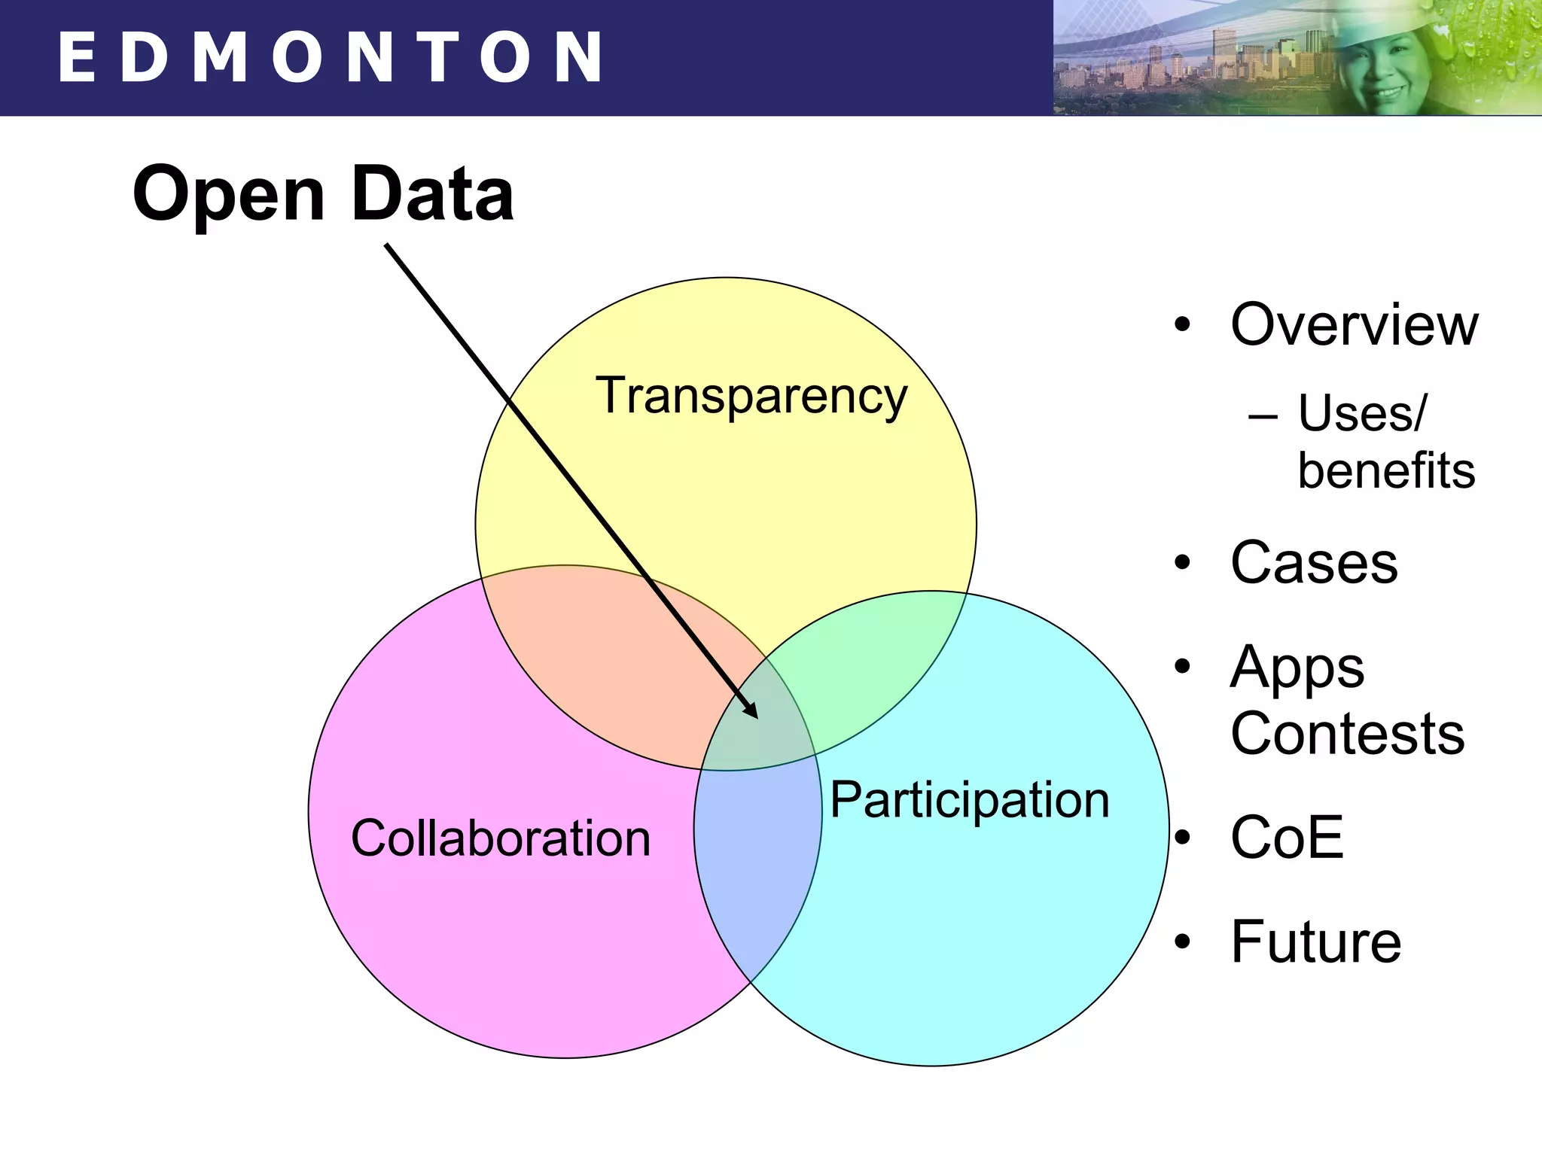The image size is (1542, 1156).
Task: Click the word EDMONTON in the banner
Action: coord(330,57)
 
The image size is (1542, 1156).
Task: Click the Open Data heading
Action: coord(323,194)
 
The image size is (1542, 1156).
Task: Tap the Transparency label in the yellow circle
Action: coord(751,396)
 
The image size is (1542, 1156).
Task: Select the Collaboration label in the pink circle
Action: coord(501,838)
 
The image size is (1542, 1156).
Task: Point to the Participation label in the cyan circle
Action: coord(970,800)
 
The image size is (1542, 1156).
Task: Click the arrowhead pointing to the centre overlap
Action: coord(751,710)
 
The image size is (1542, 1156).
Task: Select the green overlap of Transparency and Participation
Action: coord(873,670)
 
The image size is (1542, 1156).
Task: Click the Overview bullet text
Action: coord(1354,325)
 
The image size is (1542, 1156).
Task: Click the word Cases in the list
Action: coord(1314,563)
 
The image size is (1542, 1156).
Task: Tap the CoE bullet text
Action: coord(1287,837)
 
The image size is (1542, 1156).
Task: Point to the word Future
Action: coord(1315,942)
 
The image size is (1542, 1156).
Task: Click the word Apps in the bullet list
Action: coord(1297,668)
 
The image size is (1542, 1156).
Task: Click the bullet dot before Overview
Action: coord(1183,325)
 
